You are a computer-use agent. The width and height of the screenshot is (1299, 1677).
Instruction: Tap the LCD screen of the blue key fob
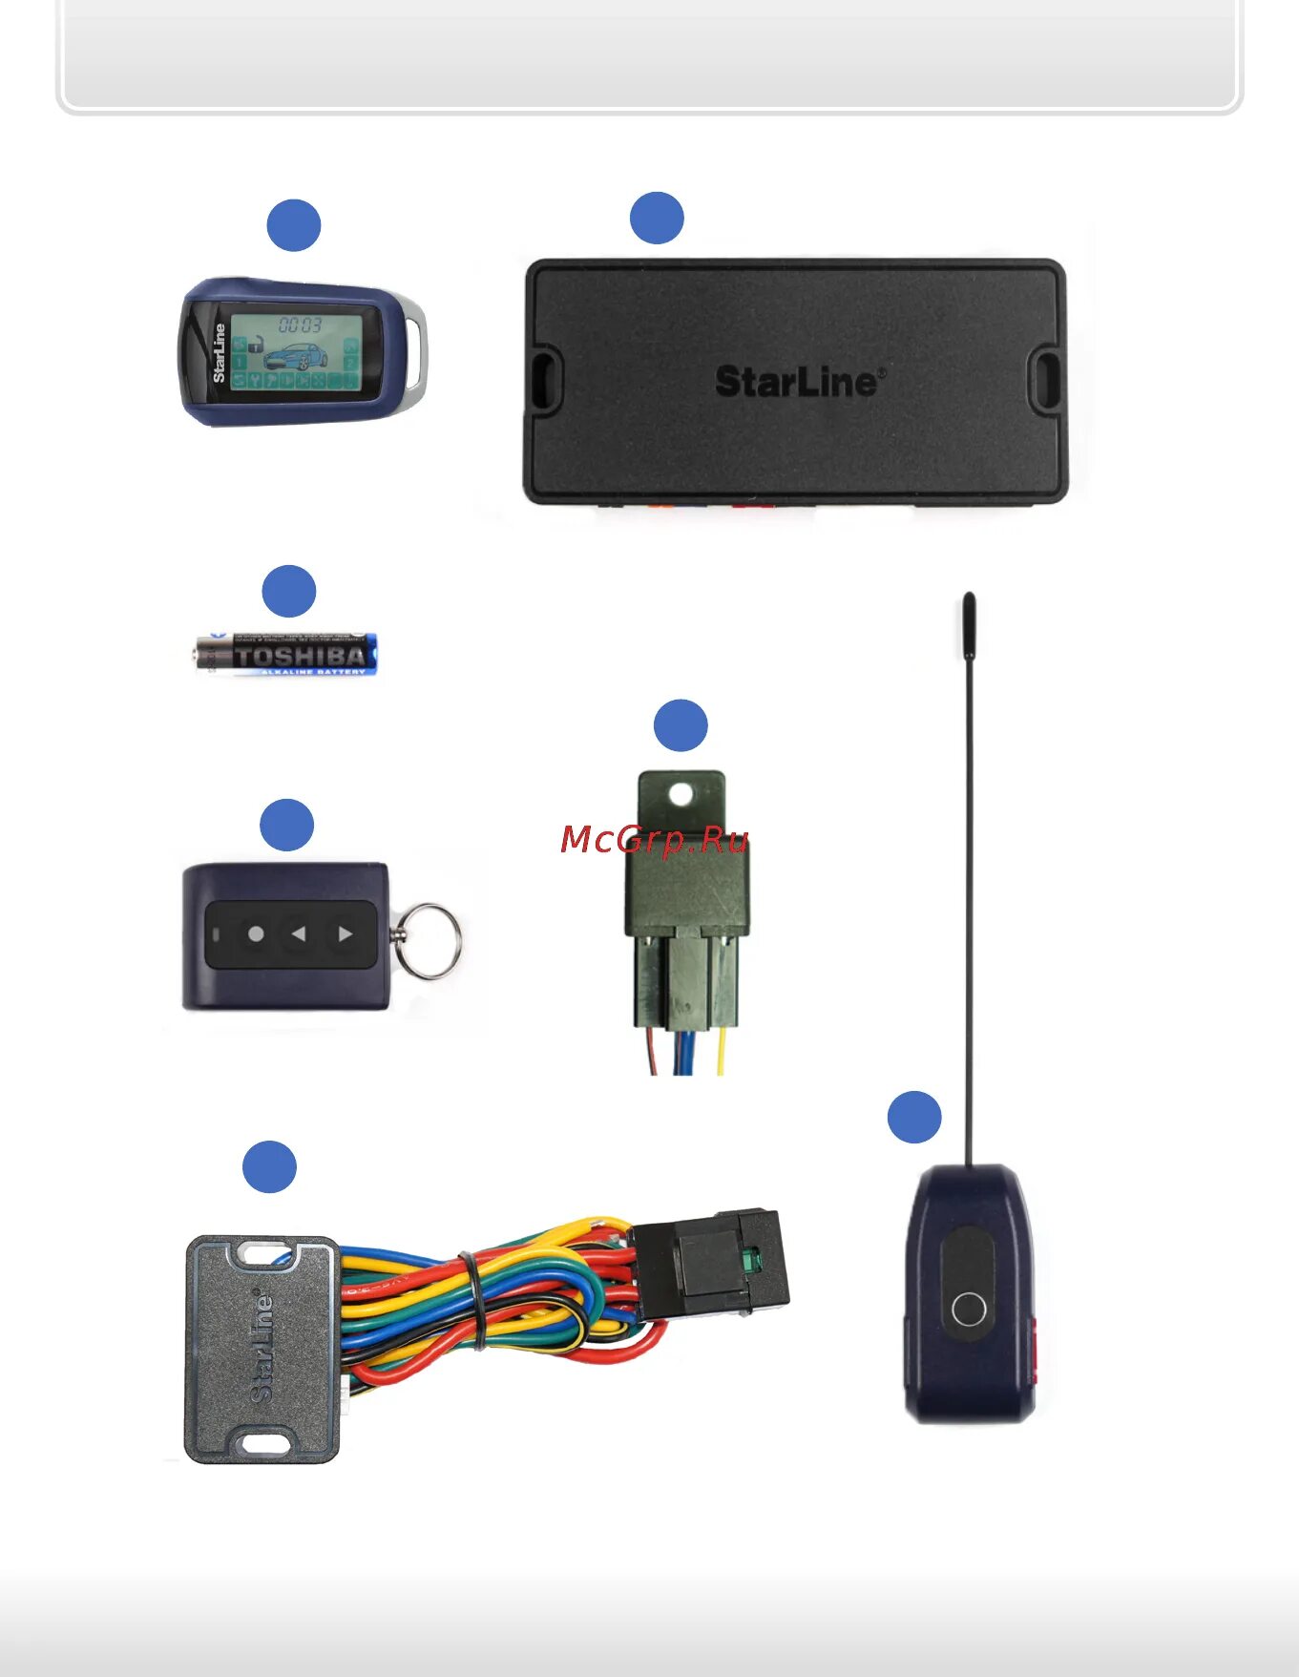(x=296, y=352)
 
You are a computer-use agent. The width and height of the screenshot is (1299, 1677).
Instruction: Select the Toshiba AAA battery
(x=287, y=654)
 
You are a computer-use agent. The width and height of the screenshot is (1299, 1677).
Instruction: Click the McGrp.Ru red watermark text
(x=654, y=840)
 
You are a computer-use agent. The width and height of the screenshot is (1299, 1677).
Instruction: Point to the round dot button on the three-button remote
(x=256, y=933)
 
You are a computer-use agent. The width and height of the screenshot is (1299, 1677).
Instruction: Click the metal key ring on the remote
(x=429, y=941)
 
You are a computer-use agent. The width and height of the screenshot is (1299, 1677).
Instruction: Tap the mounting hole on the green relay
(x=681, y=794)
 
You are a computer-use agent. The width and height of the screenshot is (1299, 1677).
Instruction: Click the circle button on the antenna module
(x=969, y=1309)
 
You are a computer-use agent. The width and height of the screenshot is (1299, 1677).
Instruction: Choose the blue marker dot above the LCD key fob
(x=294, y=225)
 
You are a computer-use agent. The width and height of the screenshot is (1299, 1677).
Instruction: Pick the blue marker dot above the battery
(x=289, y=592)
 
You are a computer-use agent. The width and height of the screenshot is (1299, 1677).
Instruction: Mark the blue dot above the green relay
(x=681, y=725)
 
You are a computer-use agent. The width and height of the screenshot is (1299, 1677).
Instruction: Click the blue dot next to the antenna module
(x=914, y=1117)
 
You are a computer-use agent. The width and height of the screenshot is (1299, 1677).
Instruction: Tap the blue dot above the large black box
(x=657, y=218)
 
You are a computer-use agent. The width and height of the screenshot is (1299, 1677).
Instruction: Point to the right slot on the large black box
(x=1047, y=379)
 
